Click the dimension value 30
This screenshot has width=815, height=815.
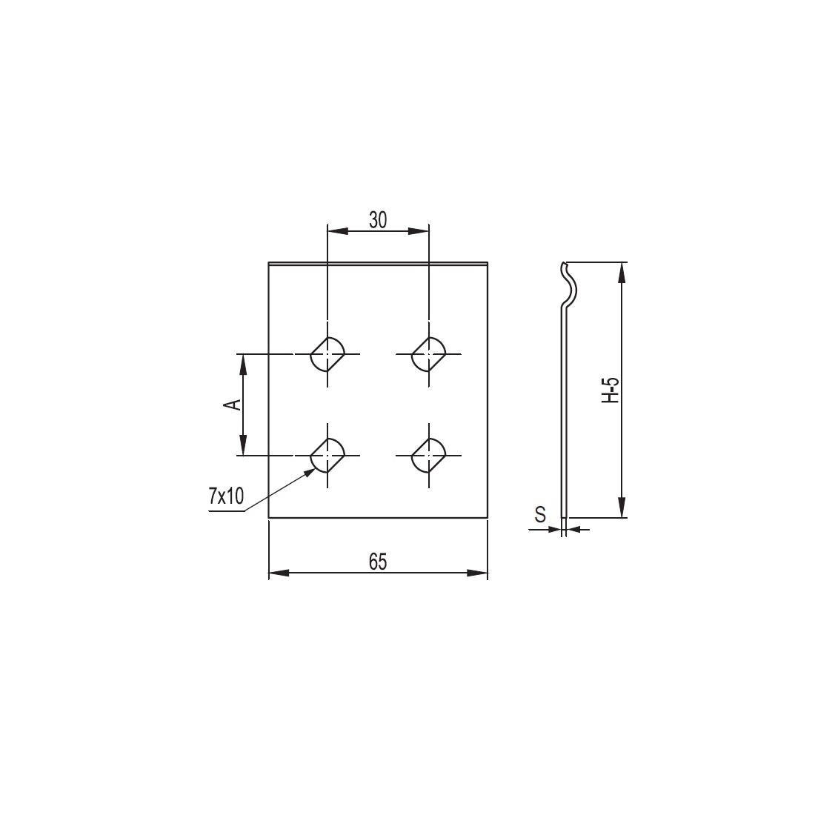click(x=378, y=219)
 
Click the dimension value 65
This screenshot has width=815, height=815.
click(x=378, y=562)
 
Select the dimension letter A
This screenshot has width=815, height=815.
click(x=233, y=404)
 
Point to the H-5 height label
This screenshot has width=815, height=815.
click(x=610, y=390)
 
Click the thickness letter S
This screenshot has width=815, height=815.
click(x=540, y=513)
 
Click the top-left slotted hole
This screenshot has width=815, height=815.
click(x=327, y=354)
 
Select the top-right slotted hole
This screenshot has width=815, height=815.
click(x=428, y=354)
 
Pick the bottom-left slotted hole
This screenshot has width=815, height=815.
click(x=327, y=454)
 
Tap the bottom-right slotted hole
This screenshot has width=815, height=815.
click(x=428, y=454)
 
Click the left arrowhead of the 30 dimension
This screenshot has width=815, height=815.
click(x=333, y=232)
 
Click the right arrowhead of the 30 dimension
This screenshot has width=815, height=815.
click(x=423, y=232)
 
